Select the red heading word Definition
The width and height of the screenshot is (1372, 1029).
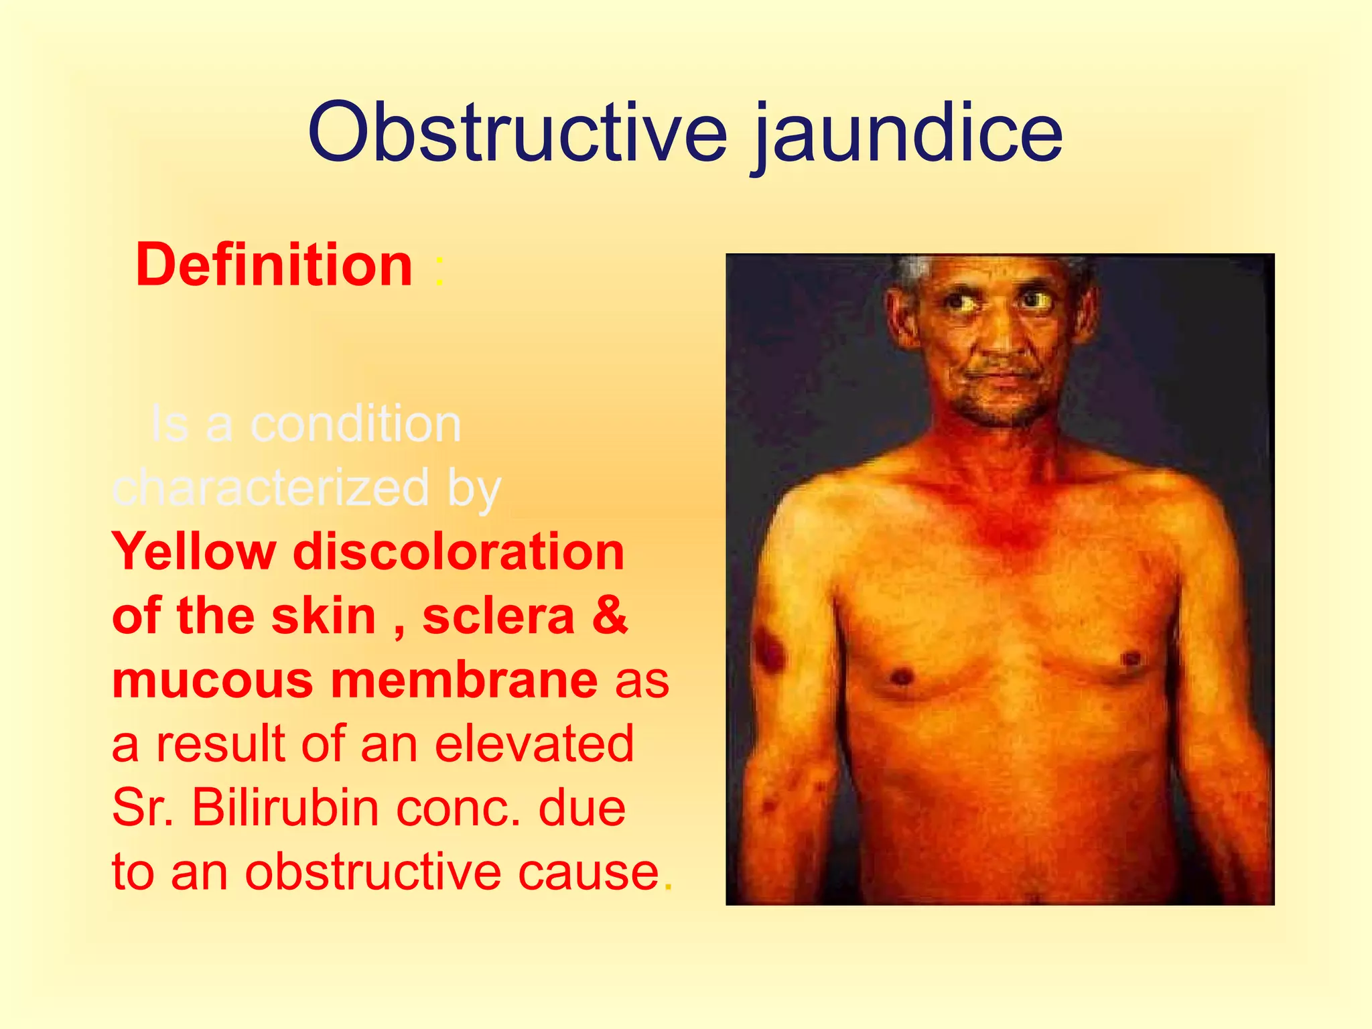pos(274,265)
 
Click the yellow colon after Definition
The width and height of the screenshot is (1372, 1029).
pos(439,272)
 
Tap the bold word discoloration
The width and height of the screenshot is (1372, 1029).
pos(459,552)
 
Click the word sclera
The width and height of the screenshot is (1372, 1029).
pos(498,616)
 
